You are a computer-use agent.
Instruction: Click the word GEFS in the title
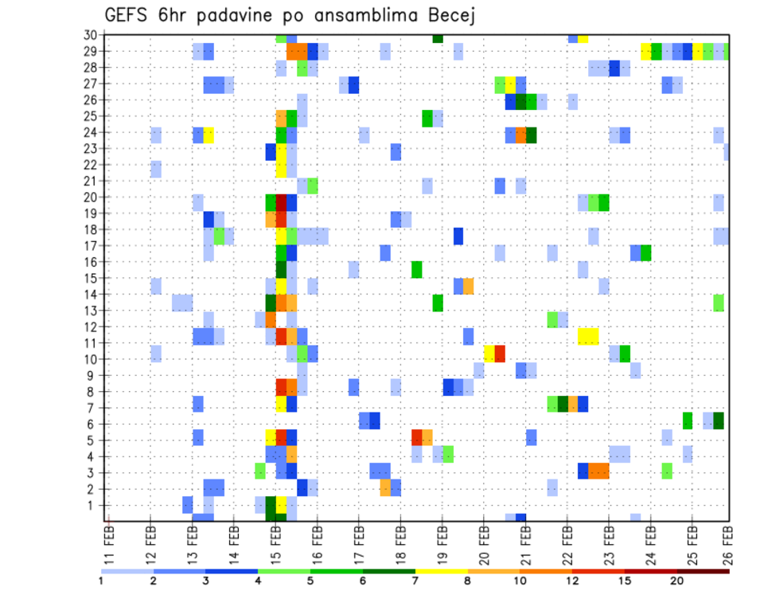128,16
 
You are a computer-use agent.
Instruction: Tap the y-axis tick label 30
92,35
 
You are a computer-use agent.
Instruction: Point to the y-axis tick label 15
92,278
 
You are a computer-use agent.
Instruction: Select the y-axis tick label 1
94,505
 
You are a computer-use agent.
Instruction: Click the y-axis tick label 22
92,165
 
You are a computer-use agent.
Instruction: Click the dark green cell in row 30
438,38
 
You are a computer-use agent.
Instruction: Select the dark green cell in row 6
719,420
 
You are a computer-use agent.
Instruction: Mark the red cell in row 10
500,354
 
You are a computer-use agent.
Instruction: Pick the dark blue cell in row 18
458,236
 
